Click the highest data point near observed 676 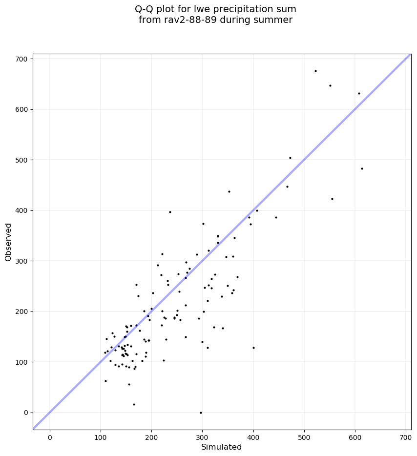[315, 71]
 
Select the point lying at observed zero [201, 413]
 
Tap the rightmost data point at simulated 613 [362, 168]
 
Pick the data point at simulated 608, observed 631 [359, 93]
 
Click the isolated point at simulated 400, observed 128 [253, 348]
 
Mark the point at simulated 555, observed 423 [332, 199]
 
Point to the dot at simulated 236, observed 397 [170, 212]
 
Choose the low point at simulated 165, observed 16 [134, 404]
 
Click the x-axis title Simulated [222, 447]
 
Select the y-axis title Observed [8, 242]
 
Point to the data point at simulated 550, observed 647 [330, 85]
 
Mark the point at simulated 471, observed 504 [290, 158]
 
